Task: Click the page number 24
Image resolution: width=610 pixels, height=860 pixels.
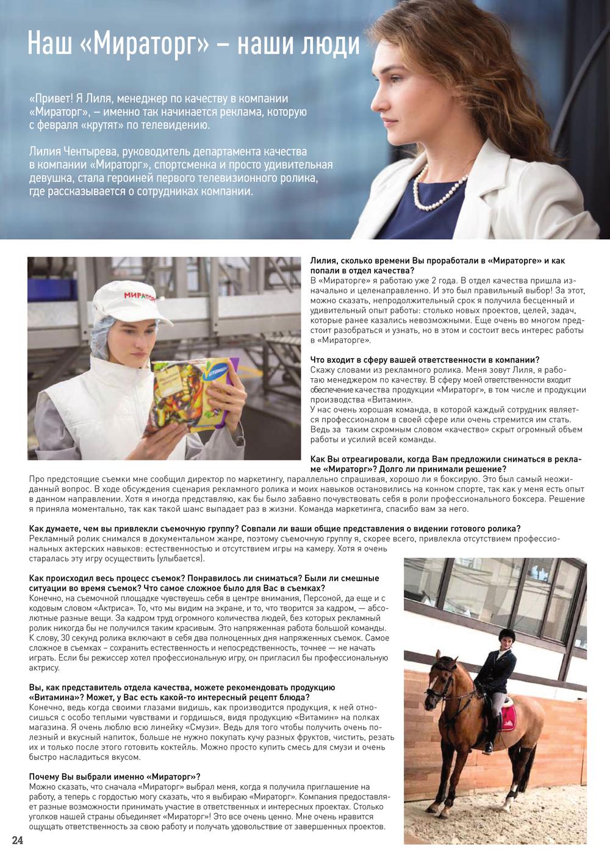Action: (18, 840)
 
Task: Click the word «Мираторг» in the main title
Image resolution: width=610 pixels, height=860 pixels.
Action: (145, 45)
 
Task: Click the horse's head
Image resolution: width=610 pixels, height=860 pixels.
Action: (443, 683)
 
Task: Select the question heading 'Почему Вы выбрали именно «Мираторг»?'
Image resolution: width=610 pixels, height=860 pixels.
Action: (115, 776)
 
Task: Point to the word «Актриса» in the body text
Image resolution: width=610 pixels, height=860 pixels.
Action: (114, 608)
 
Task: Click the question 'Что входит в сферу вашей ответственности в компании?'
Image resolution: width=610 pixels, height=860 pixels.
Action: (425, 360)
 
